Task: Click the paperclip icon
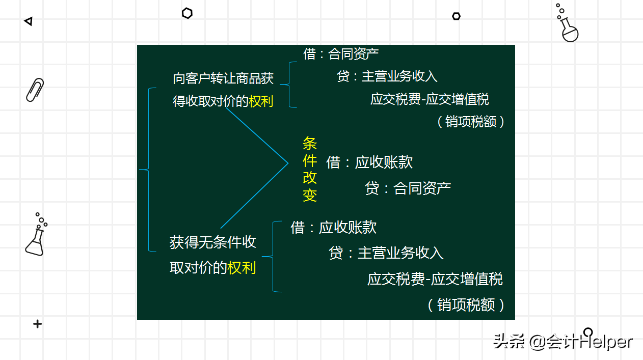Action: (35, 90)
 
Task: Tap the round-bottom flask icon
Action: (568, 25)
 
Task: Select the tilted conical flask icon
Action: (36, 237)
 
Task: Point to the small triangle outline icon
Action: (29, 21)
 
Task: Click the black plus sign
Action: (37, 324)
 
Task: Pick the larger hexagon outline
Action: (187, 14)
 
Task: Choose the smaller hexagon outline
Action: (456, 16)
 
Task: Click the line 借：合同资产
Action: (341, 53)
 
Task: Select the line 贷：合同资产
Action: (408, 188)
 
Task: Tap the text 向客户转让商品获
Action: (223, 78)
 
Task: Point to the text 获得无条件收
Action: (212, 242)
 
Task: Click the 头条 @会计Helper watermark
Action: (562, 341)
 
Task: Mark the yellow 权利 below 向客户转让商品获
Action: (261, 101)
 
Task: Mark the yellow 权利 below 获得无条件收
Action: (242, 268)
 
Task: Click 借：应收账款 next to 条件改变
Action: (369, 162)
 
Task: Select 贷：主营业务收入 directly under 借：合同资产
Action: (387, 76)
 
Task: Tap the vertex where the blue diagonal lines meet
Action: (288, 163)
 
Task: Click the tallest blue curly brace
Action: (148, 170)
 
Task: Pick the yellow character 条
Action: (310, 144)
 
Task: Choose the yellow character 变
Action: (310, 195)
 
